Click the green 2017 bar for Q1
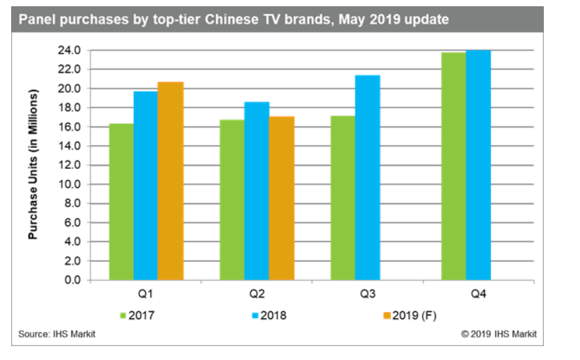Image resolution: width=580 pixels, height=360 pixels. click(121, 202)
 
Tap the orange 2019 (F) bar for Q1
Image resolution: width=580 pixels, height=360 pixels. click(170, 181)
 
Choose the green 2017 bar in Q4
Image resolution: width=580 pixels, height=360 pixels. click(453, 166)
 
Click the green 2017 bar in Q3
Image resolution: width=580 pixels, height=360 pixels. click(343, 198)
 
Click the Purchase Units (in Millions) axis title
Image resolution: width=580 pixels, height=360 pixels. click(33, 165)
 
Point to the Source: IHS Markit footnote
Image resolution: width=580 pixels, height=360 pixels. click(57, 334)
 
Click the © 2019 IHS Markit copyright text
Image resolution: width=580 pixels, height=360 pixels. click(499, 334)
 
